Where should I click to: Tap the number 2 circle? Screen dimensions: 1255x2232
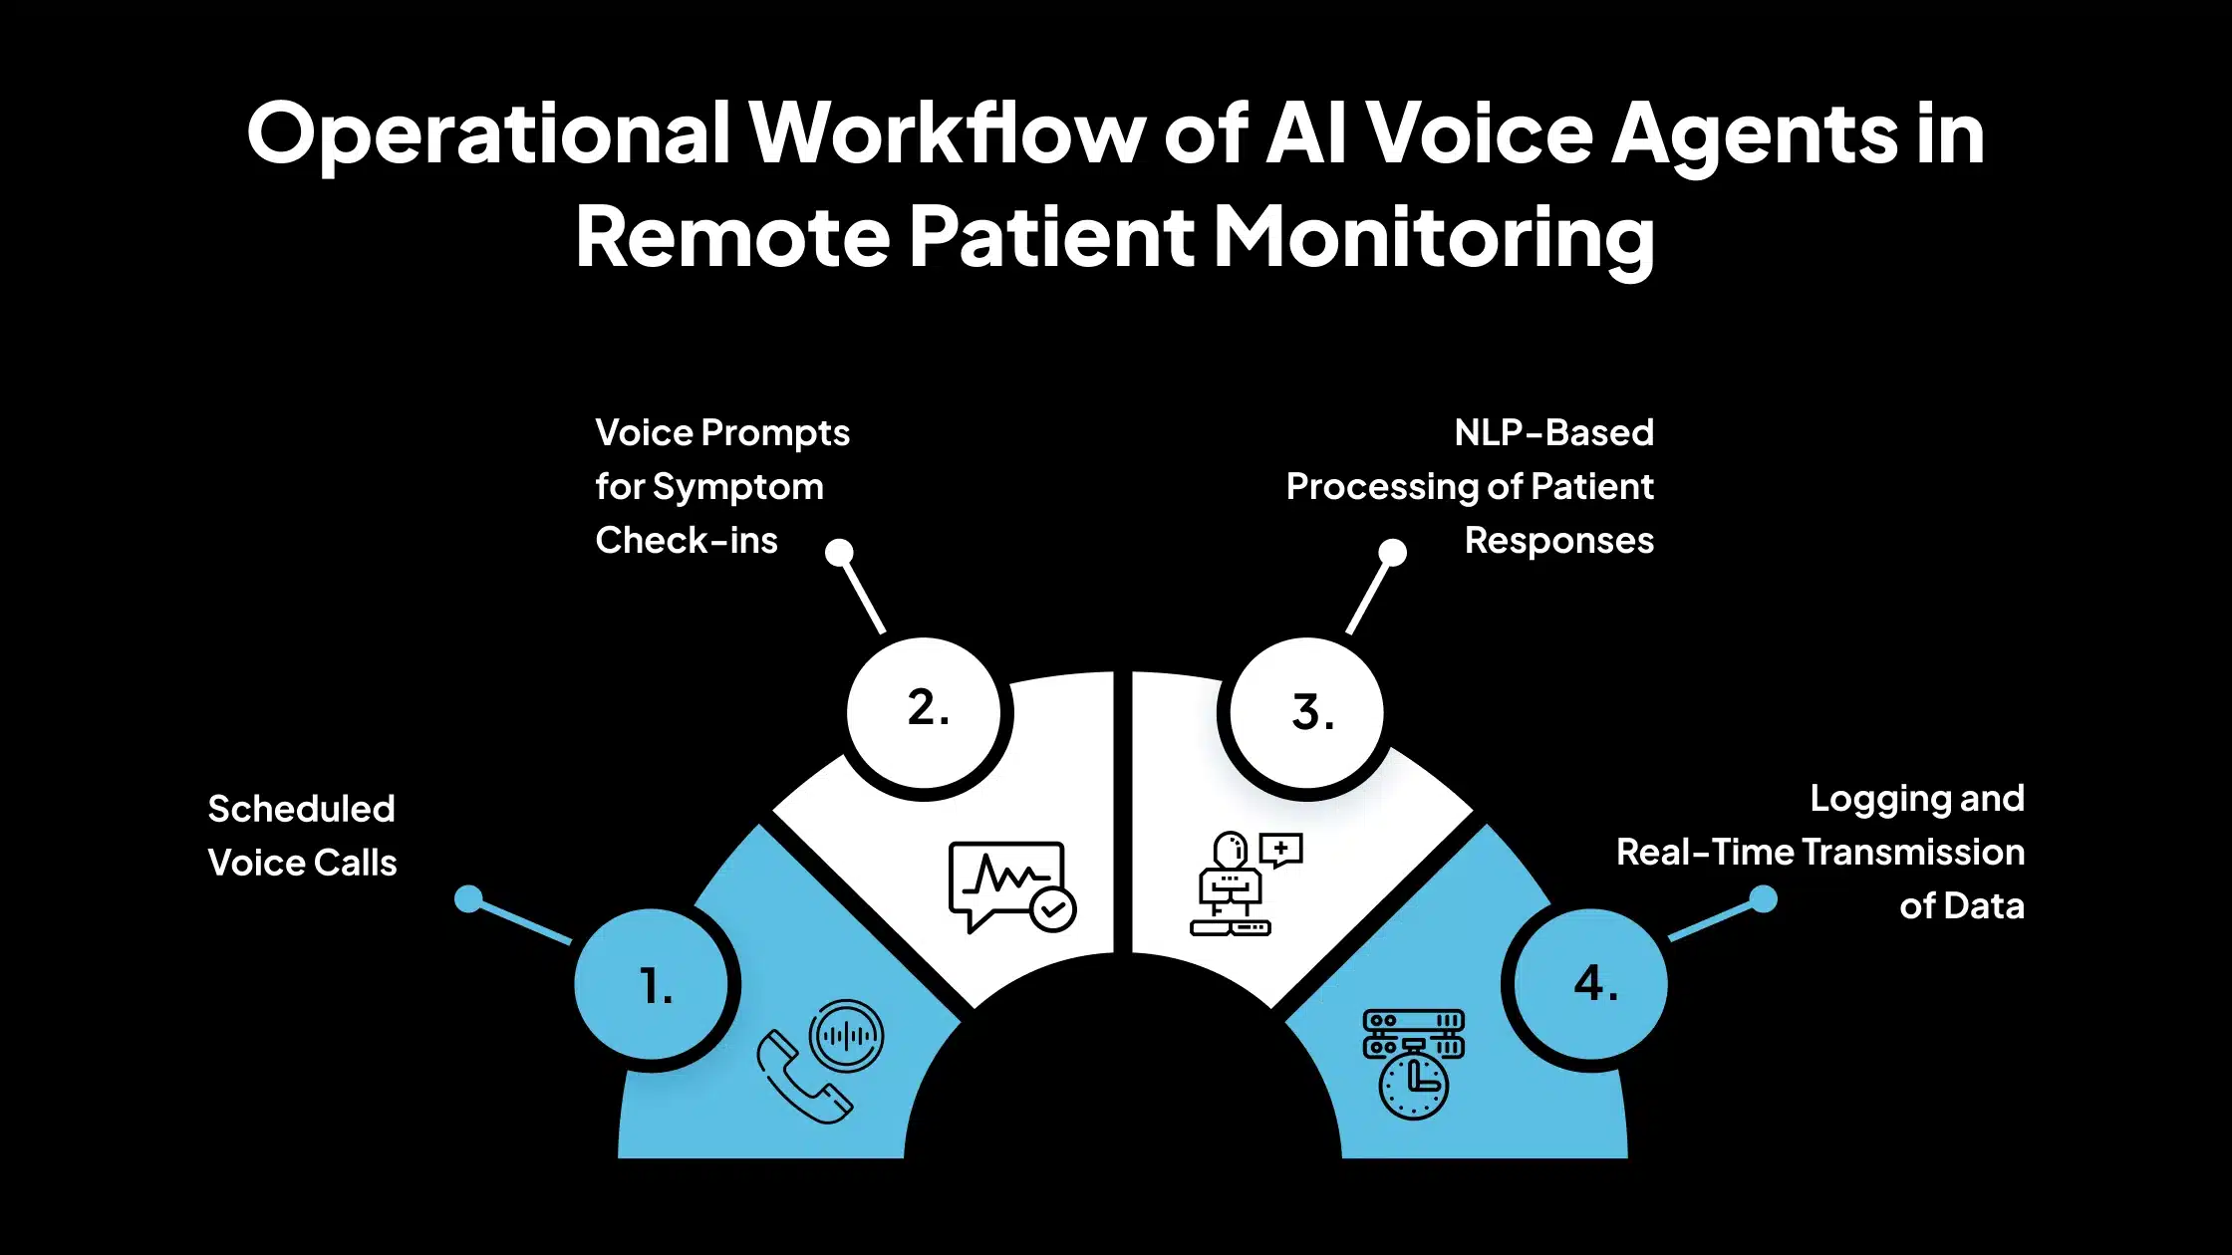(x=925, y=711)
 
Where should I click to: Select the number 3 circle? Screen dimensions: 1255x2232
(x=1307, y=712)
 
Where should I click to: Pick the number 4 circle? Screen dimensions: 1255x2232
(x=1591, y=984)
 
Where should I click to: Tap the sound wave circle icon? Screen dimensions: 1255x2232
(x=847, y=1036)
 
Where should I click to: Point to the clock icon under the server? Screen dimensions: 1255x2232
(x=1413, y=1086)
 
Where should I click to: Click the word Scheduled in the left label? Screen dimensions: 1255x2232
(x=301, y=809)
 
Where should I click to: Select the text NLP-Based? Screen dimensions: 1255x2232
(x=1553, y=433)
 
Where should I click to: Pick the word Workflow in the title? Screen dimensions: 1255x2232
(x=947, y=134)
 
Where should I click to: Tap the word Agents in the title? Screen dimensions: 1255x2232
(x=1755, y=134)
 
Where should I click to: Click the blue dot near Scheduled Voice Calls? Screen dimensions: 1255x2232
(x=468, y=899)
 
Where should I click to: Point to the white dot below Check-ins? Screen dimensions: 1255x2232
(x=840, y=552)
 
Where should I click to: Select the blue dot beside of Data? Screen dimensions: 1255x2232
(x=1764, y=899)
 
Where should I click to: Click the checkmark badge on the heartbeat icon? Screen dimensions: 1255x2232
(x=1052, y=909)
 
